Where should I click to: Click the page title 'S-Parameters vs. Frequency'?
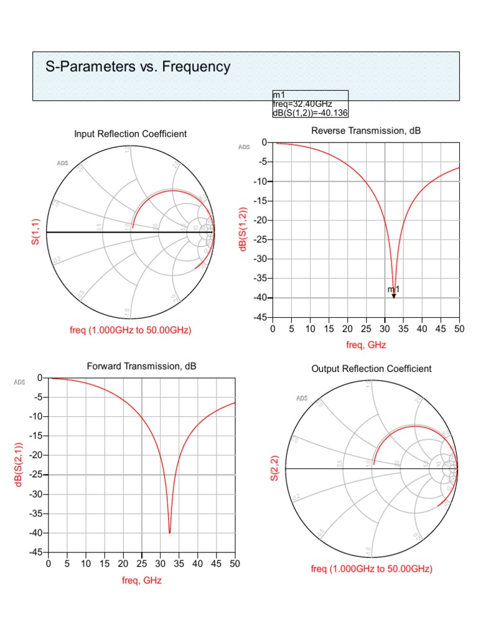click(x=138, y=67)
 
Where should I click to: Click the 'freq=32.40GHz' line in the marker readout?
click(x=302, y=103)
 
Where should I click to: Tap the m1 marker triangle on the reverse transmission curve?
click(x=394, y=296)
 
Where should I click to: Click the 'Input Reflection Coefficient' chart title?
click(x=130, y=134)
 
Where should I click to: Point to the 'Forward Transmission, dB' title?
click(x=141, y=366)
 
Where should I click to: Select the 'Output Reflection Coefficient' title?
click(x=371, y=369)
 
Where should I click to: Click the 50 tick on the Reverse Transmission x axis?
click(x=459, y=328)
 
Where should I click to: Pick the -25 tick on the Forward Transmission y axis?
click(x=35, y=475)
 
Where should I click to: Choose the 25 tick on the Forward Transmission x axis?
click(x=142, y=564)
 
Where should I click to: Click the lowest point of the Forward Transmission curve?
click(x=169, y=532)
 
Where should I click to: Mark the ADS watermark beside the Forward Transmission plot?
click(x=20, y=382)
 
